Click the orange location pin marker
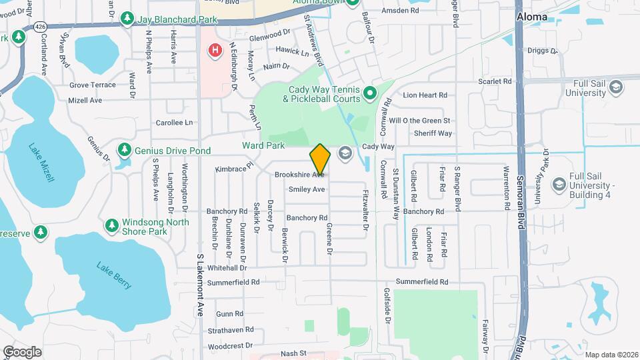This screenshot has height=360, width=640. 320,160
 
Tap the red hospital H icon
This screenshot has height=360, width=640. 215,50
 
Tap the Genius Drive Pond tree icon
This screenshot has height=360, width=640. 123,151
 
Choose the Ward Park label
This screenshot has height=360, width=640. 263,145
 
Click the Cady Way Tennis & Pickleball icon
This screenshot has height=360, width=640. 370,94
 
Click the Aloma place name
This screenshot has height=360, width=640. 531,17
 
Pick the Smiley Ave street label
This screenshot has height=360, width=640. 307,189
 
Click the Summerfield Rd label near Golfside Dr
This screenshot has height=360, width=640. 421,282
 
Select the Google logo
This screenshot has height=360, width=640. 22,351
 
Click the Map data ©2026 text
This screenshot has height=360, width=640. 610,355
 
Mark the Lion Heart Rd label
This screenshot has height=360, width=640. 424,95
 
